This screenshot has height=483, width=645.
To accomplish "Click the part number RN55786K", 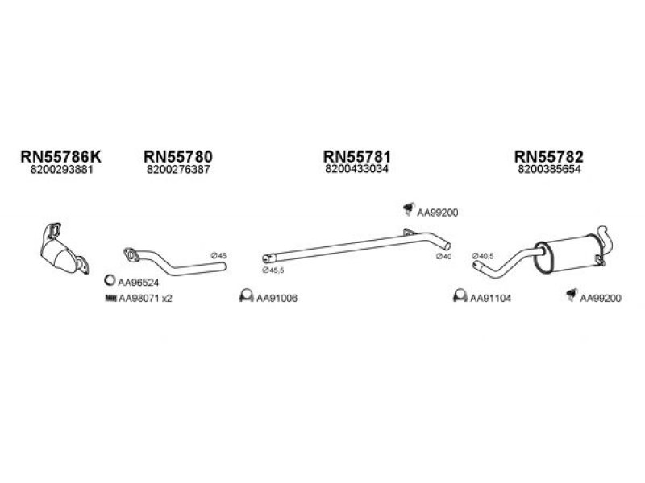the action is (60, 156).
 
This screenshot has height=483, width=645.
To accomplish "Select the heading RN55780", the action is (178, 156).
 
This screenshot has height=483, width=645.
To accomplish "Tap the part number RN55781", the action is (356, 156).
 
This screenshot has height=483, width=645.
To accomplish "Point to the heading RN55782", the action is (549, 156).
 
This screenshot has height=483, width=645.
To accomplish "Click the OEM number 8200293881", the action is (62, 170).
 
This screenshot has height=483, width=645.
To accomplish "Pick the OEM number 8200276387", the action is (178, 170).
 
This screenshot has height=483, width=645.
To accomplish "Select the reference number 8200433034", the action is (356, 169).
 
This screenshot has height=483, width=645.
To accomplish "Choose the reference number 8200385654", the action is (549, 170).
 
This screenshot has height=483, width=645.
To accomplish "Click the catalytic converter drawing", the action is (64, 250).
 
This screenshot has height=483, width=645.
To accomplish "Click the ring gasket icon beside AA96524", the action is (110, 281).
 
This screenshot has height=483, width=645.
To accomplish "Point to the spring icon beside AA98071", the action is (111, 298).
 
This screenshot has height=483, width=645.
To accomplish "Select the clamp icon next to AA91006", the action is (246, 295).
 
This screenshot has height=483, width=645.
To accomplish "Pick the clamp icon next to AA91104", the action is (460, 295).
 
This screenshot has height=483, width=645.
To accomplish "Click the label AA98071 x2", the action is (145, 299).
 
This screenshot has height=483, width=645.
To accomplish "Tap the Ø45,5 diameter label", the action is (273, 270).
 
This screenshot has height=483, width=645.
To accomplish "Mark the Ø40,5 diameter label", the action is (483, 256).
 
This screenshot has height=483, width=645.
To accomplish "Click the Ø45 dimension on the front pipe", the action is (218, 255).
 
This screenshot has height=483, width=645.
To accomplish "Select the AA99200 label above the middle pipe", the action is (437, 213).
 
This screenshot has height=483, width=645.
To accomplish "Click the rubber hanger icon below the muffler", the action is (572, 295).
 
